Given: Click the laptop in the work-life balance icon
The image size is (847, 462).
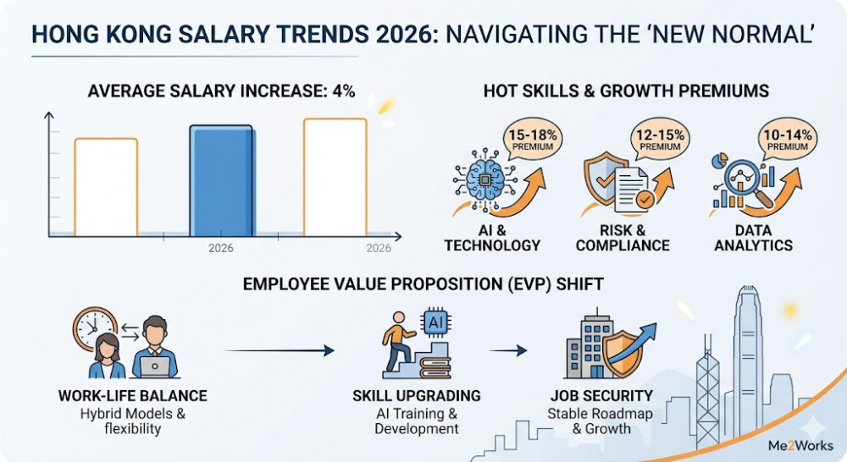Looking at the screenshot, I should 156,366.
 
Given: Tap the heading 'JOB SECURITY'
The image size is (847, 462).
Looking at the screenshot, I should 601,396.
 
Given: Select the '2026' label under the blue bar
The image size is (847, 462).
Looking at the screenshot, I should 220,249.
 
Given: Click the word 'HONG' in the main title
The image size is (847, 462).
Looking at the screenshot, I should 65,35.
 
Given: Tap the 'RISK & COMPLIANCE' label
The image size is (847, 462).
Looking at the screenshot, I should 623,238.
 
